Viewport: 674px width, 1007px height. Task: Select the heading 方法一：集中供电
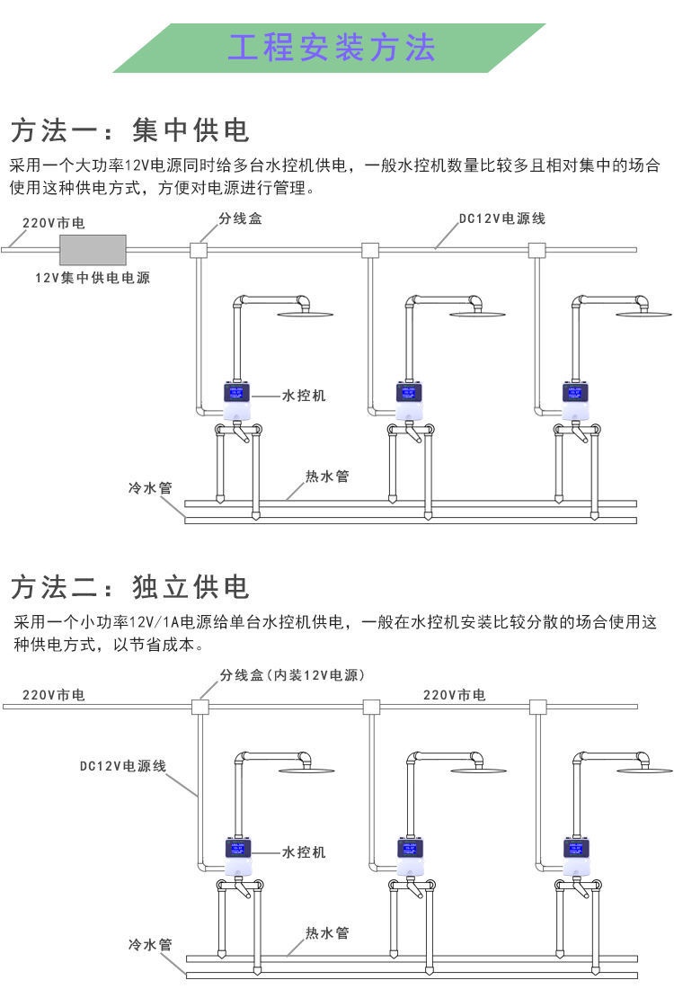click(x=129, y=130)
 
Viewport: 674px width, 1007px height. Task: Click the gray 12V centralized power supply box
click(x=92, y=249)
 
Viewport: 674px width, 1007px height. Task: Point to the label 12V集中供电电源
click(x=93, y=278)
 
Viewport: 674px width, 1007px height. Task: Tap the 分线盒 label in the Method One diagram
click(x=241, y=218)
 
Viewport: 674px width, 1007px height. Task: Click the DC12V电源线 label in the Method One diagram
click(x=501, y=218)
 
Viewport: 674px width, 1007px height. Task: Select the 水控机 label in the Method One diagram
click(x=304, y=395)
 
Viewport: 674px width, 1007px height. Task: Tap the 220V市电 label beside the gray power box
click(x=54, y=222)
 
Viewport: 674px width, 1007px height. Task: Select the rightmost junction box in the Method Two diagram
click(x=539, y=707)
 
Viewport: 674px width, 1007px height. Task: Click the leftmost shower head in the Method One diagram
click(x=304, y=314)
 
